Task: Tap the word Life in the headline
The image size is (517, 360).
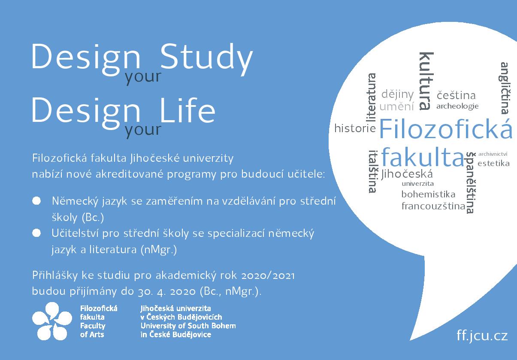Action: pyautogui.click(x=187, y=110)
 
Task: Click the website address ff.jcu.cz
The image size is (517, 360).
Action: pyautogui.click(x=482, y=336)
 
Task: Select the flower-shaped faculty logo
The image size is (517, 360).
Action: pyautogui.click(x=52, y=321)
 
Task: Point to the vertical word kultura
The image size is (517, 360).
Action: pyautogui.click(x=426, y=81)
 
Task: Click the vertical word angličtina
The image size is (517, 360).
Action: pyautogui.click(x=505, y=88)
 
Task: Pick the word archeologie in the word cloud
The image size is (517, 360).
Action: pyautogui.click(x=457, y=106)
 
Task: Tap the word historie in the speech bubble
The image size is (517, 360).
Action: pyautogui.click(x=355, y=128)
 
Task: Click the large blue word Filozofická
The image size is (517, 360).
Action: pyautogui.click(x=446, y=129)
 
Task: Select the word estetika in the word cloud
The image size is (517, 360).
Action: pyautogui.click(x=493, y=163)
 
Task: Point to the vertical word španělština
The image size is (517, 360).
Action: pyautogui.click(x=471, y=183)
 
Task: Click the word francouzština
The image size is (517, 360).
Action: pyautogui.click(x=433, y=206)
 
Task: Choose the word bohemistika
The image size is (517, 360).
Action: pyautogui.click(x=428, y=194)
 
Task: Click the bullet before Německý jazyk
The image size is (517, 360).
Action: pyautogui.click(x=36, y=201)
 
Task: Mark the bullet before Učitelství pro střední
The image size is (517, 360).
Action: pyautogui.click(x=36, y=233)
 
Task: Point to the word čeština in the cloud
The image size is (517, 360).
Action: pyautogui.click(x=457, y=95)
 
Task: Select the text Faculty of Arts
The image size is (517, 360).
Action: pyautogui.click(x=93, y=330)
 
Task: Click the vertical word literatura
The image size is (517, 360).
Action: pyautogui.click(x=372, y=97)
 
